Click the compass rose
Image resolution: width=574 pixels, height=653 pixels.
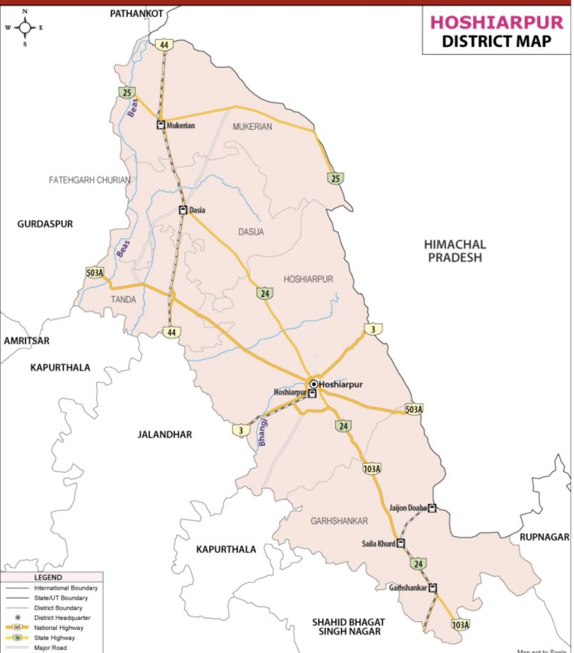pos(25,27)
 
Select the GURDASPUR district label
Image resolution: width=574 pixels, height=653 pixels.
pos(45,224)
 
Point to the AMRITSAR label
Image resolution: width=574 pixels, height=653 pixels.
pos(26,341)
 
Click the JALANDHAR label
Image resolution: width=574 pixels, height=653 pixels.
pos(164,434)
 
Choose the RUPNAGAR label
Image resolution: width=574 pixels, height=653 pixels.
pos(543,537)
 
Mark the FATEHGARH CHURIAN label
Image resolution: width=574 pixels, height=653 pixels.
pos(89,180)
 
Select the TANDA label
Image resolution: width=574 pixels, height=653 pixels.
pos(124,299)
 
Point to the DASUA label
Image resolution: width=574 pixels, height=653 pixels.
pos(251,232)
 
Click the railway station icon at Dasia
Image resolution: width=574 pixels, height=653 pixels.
pos(183,210)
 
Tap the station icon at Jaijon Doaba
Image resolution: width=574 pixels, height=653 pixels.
pos(432,508)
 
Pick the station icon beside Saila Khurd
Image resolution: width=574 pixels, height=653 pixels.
pos(401,544)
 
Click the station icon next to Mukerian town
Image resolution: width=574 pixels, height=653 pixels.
pos(160,126)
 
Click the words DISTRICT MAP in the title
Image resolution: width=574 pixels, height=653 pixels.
pos(496,41)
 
